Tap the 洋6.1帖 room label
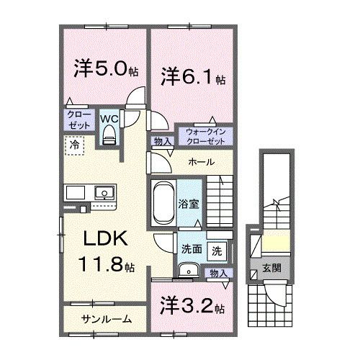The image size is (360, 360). [x=192, y=75]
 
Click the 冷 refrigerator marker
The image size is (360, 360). [x=74, y=145]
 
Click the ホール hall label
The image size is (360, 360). [x=199, y=163]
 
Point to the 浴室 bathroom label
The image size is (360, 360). [x=188, y=204]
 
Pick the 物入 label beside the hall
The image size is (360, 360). [x=162, y=142]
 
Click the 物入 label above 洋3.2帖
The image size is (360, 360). [x=218, y=273]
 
